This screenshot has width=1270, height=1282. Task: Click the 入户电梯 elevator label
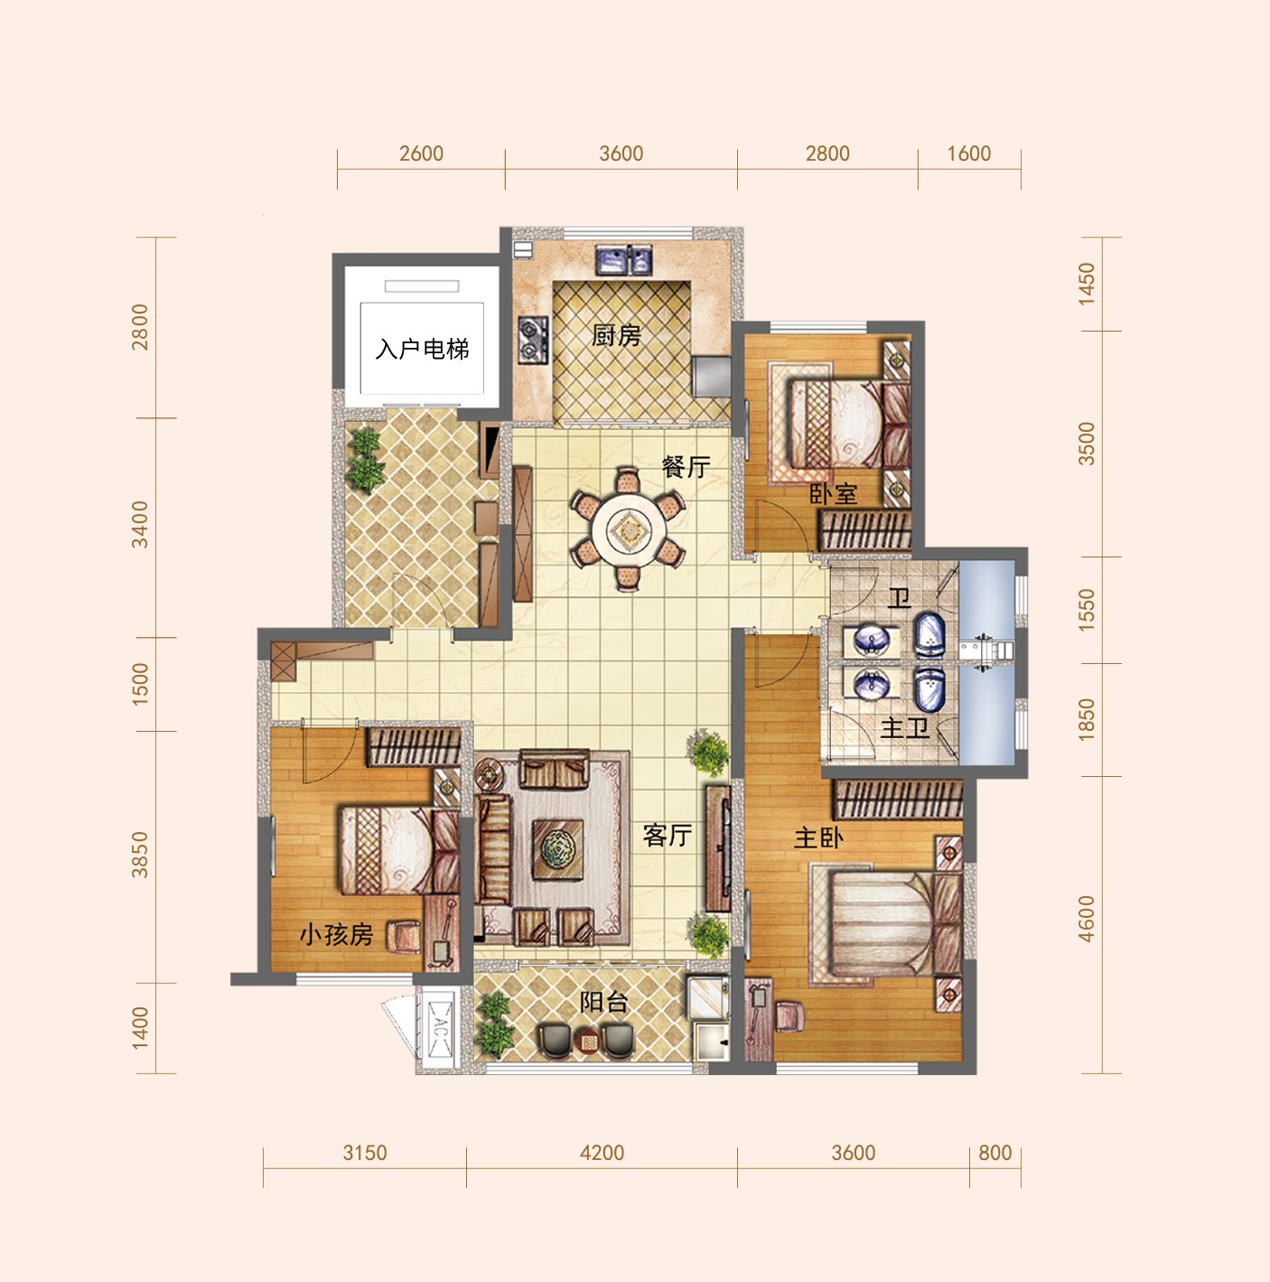(422, 349)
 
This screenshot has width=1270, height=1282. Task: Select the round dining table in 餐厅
(629, 529)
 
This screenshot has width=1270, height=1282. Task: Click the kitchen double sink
(623, 259)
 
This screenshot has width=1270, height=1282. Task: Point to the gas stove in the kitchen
(533, 340)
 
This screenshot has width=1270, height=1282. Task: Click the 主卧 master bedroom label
(818, 838)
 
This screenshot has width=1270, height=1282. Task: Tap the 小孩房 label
(337, 935)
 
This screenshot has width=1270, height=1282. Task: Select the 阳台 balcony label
(603, 1001)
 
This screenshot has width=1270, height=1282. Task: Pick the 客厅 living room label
(668, 835)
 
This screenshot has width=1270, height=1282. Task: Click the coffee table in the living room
(557, 849)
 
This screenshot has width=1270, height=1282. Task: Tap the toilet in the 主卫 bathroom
(930, 688)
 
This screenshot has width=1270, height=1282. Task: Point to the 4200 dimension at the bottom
(602, 1152)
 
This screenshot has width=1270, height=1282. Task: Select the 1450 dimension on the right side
(1086, 284)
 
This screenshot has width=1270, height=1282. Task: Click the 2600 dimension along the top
(421, 154)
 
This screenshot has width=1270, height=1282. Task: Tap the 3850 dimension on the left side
(140, 856)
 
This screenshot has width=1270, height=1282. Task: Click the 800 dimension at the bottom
(995, 1152)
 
